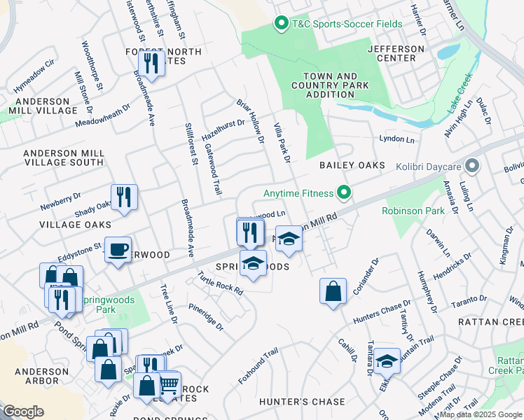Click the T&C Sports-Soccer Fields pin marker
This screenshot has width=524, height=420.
pos(281,24)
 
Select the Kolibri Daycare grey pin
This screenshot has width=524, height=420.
pos(473,167)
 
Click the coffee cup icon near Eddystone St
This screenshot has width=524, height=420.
pos(118,248)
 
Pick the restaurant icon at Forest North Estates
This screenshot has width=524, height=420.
pos(151,64)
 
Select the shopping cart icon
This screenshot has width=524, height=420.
pos(168,384)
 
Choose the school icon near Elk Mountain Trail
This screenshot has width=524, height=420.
pos(387,360)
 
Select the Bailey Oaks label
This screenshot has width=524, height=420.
pos(352,165)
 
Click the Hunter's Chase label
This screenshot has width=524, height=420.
pos(302,402)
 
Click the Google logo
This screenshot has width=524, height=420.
pos(24,412)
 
